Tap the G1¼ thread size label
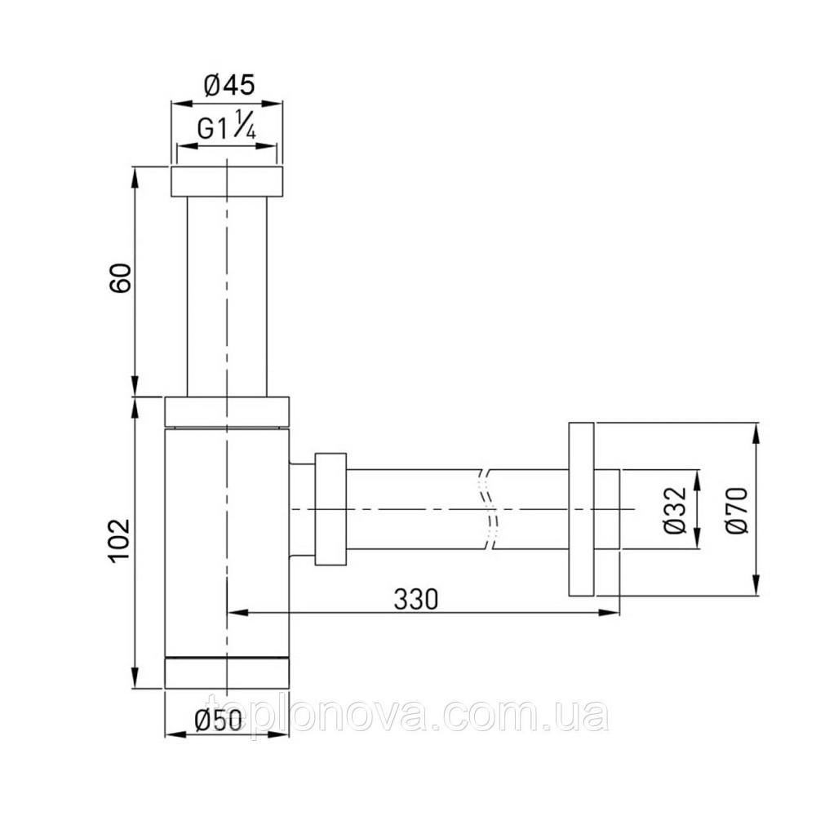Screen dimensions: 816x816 pos(225,126)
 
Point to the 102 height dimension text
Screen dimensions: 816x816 pos(120,540)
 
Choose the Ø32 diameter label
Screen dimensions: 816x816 pos(675,511)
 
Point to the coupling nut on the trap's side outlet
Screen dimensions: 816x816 pos(330,508)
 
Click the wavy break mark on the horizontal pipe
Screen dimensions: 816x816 pos(489,508)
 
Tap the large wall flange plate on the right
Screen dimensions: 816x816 pos(581,509)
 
